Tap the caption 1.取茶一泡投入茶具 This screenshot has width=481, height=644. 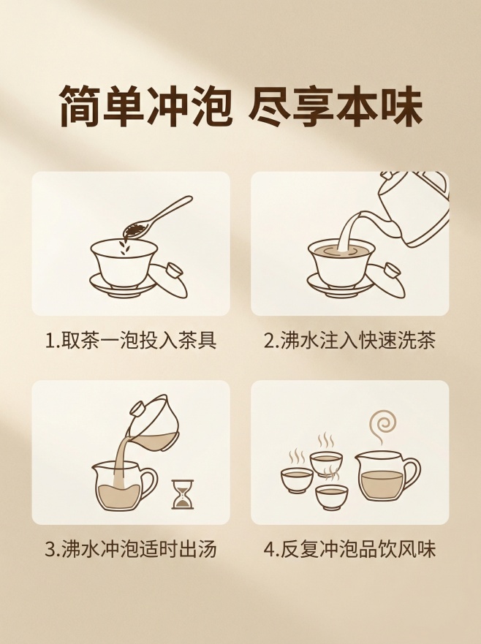point(131,341)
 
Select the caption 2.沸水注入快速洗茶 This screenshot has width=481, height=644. point(349,341)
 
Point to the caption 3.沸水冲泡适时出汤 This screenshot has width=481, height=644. point(131,550)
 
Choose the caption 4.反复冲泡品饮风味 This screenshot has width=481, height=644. point(349,550)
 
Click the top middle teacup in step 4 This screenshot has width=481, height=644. point(326,462)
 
